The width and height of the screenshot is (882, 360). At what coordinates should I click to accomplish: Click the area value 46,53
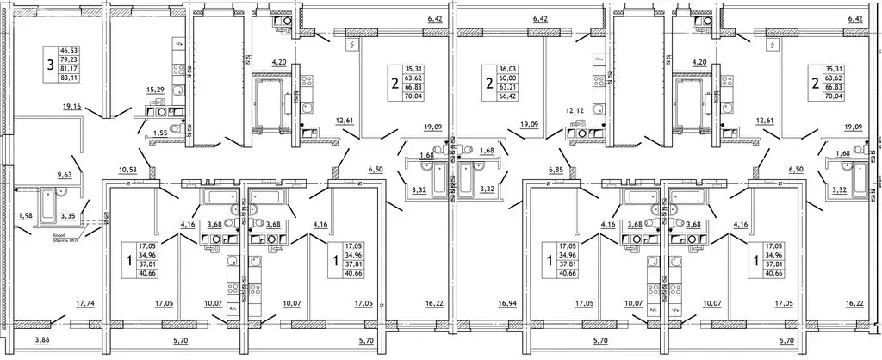coord(67,52)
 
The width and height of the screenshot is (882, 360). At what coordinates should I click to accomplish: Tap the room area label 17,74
coord(85,303)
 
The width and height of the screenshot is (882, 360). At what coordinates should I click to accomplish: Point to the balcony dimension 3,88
coord(42,342)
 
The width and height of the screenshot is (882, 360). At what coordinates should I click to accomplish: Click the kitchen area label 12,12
coord(575,111)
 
